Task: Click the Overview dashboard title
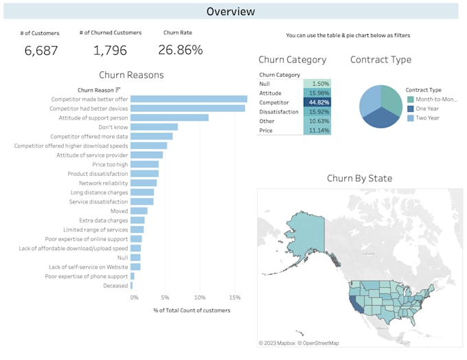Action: [x=231, y=11]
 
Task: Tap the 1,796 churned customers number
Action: [x=110, y=51]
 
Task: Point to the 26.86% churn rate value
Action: [x=180, y=50]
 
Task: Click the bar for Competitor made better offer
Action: [x=189, y=99]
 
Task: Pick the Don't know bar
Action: [x=154, y=127]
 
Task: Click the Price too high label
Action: [x=110, y=165]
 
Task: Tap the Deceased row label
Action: [x=115, y=286]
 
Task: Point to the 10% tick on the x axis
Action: [x=199, y=298]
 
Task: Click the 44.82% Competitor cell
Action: [x=317, y=102]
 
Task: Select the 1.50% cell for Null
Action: [x=317, y=83]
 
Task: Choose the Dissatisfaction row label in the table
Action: [x=279, y=111]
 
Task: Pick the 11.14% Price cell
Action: [x=317, y=130]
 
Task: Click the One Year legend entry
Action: [x=427, y=109]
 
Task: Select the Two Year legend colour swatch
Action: [x=411, y=118]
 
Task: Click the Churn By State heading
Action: [x=359, y=179]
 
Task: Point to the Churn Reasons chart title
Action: [x=131, y=75]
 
